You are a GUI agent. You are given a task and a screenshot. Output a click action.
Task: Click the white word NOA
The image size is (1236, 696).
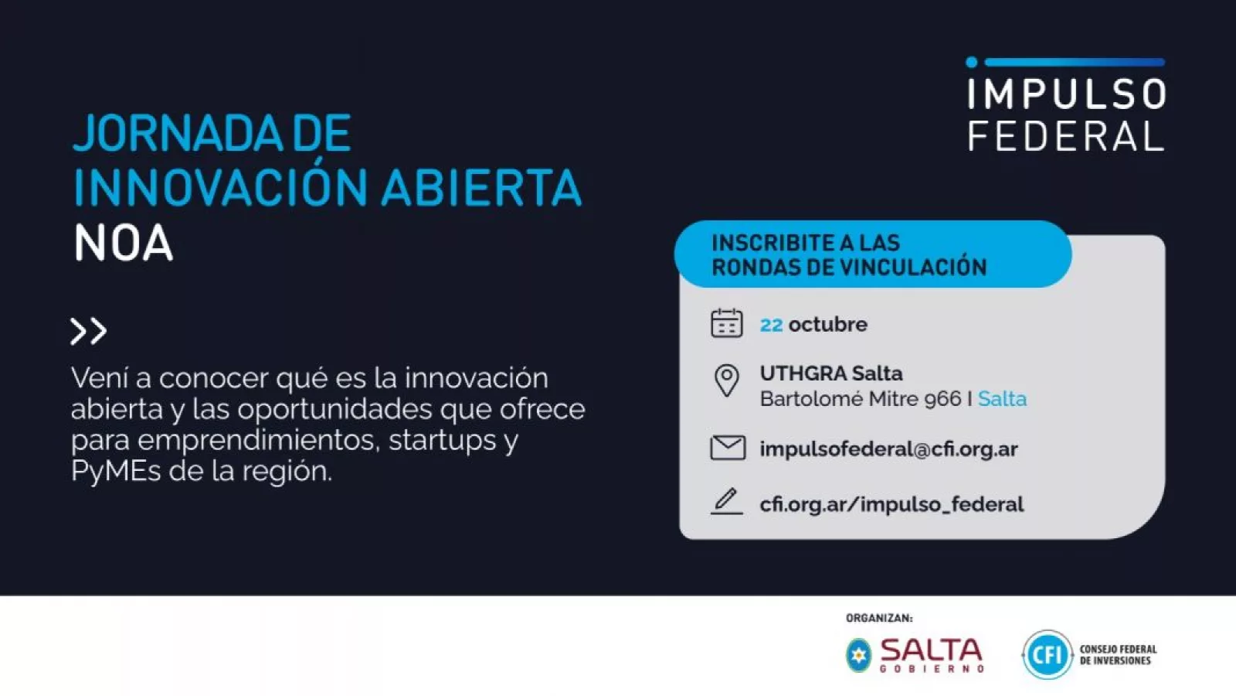[x=124, y=242]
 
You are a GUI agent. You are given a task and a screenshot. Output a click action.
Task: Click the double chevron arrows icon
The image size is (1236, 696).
[x=88, y=331]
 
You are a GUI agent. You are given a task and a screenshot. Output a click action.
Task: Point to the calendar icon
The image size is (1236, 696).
[x=727, y=323]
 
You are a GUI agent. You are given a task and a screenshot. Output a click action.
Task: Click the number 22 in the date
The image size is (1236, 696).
[x=772, y=325]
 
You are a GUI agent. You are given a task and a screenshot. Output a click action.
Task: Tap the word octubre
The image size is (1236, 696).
[x=827, y=324]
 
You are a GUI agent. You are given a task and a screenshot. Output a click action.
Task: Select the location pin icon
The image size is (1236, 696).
[x=727, y=380]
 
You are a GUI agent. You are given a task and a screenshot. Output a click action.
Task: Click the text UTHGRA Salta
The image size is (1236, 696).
[x=831, y=374]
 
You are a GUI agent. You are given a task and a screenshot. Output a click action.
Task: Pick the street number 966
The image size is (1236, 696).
[x=942, y=399]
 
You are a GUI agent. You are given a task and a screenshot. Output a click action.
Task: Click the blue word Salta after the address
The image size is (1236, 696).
[x=1002, y=399]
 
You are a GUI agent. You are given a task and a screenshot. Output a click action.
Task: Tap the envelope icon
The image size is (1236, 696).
[x=728, y=448]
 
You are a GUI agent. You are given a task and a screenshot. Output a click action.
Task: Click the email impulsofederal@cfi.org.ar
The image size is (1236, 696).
[x=889, y=449]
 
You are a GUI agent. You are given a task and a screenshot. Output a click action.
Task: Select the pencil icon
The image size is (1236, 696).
[x=726, y=502]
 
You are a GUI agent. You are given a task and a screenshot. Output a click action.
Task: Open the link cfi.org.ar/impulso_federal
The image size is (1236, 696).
[x=891, y=504]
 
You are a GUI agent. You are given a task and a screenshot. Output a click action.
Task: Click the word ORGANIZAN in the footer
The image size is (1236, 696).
[x=878, y=618]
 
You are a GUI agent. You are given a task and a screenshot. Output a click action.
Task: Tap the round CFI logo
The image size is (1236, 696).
[x=1047, y=654]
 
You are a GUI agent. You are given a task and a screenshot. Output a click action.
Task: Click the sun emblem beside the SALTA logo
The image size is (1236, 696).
[x=858, y=655]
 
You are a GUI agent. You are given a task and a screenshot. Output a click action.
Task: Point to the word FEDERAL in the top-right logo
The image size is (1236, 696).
[x=1066, y=136]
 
